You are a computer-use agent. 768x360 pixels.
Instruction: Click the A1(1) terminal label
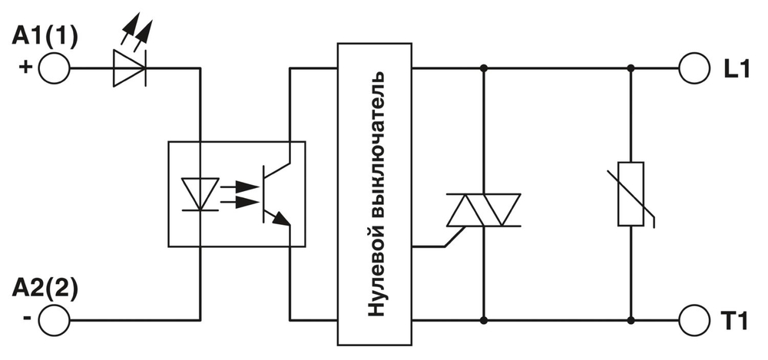45,37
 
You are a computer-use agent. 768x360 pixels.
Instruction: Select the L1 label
736,68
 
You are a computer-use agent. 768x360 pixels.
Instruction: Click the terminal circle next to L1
693,68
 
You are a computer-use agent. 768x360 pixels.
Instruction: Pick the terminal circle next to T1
693,318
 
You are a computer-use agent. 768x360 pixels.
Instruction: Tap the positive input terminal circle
55,68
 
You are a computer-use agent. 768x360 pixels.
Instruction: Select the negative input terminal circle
55,318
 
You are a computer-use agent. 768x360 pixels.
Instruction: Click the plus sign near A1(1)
25,68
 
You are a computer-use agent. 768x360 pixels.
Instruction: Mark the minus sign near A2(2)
27,318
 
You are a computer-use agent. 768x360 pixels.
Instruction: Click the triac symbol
484,210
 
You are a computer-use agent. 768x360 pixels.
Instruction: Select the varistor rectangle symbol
631,194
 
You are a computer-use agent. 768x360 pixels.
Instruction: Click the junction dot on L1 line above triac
484,68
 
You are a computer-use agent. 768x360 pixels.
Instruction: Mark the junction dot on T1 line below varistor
631,318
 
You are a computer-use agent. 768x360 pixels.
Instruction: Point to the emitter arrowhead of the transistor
283,220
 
